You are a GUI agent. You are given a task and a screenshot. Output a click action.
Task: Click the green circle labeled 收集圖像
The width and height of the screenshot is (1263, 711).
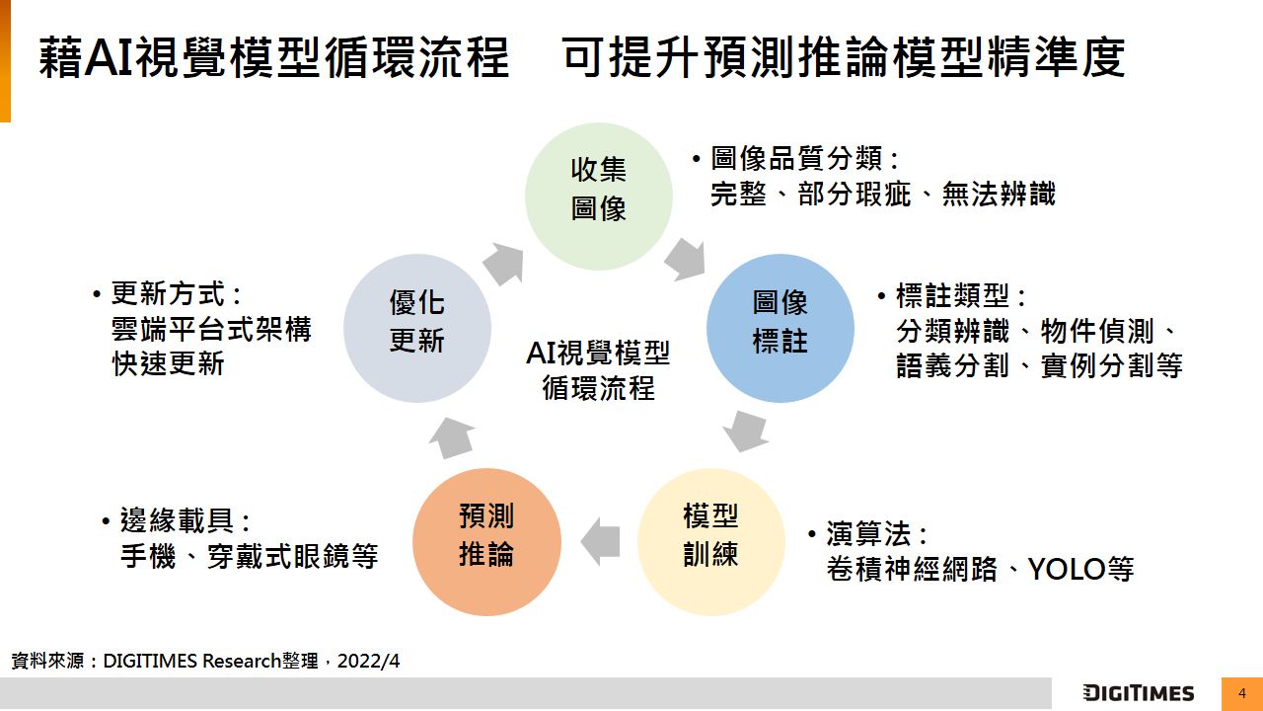[599, 197]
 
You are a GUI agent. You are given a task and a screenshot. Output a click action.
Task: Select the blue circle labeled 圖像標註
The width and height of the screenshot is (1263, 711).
[780, 328]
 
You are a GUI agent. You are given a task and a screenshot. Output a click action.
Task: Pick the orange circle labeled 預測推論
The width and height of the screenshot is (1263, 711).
[486, 542]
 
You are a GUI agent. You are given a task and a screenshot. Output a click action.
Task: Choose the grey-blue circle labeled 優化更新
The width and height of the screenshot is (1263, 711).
[417, 328]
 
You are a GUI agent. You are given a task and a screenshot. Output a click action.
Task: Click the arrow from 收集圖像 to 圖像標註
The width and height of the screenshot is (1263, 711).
[685, 259]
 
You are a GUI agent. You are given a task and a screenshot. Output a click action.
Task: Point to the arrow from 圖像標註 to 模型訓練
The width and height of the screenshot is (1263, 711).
[746, 431]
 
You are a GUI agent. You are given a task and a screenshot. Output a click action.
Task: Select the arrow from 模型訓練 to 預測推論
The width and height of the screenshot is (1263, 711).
[600, 542]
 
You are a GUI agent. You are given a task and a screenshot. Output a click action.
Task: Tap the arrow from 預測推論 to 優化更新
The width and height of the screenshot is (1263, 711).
[452, 437]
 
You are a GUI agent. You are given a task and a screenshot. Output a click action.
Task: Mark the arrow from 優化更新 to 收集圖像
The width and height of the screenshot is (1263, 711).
[503, 262]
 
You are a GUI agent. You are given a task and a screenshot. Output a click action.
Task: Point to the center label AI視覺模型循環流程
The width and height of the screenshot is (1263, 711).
[598, 369]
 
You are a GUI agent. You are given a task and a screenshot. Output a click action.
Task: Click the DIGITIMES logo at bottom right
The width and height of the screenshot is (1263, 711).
[1138, 693]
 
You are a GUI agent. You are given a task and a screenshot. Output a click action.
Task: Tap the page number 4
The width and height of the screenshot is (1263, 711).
[1242, 693]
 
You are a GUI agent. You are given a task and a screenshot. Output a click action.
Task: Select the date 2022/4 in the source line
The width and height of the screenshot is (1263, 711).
[368, 661]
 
